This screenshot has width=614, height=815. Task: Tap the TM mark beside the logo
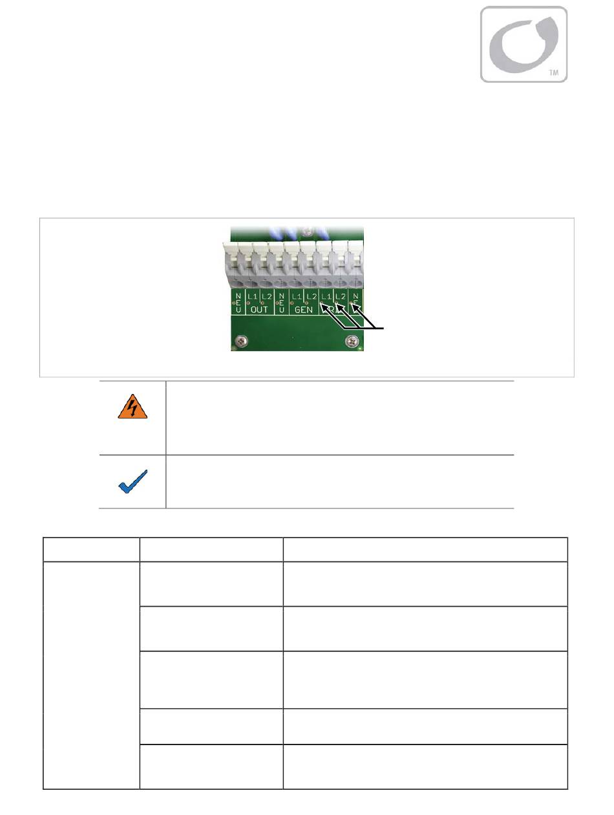[x=553, y=73]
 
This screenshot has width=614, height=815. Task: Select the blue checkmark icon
[x=132, y=483]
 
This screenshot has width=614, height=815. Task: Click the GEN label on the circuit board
[x=302, y=310]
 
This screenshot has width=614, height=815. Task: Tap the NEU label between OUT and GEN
[x=281, y=303]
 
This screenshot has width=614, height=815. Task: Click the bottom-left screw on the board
[x=241, y=340]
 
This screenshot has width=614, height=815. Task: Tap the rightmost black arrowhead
[x=352, y=304]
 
